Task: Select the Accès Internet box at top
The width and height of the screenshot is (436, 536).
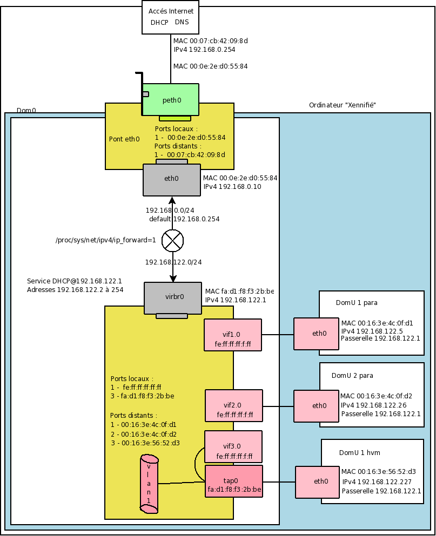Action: point(171,17)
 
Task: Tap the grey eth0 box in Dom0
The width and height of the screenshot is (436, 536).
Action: point(171,180)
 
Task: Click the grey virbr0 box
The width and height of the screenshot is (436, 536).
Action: point(172,297)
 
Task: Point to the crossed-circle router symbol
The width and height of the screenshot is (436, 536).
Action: point(173,241)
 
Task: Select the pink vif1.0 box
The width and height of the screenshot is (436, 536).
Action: point(233,335)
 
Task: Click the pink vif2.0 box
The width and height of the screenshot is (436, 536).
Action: point(233,406)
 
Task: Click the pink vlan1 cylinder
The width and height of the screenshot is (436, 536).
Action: point(149,484)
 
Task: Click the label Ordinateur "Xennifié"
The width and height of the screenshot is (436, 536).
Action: point(342,105)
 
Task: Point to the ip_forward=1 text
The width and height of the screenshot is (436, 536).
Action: point(106,241)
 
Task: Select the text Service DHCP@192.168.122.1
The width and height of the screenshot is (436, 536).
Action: point(75,281)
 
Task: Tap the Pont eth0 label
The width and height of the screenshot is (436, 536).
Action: point(124,139)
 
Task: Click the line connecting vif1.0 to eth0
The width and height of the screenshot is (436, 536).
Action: point(278,335)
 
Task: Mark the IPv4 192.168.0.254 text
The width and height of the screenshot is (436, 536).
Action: point(204,49)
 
